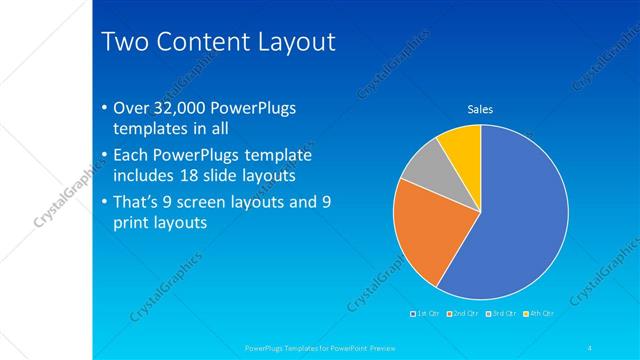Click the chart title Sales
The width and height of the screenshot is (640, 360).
point(481,109)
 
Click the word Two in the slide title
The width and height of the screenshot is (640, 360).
point(126,42)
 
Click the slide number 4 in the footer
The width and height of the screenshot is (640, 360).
point(591,347)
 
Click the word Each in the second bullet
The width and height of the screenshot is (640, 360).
point(132,155)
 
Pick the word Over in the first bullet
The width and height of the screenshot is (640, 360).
point(133,108)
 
